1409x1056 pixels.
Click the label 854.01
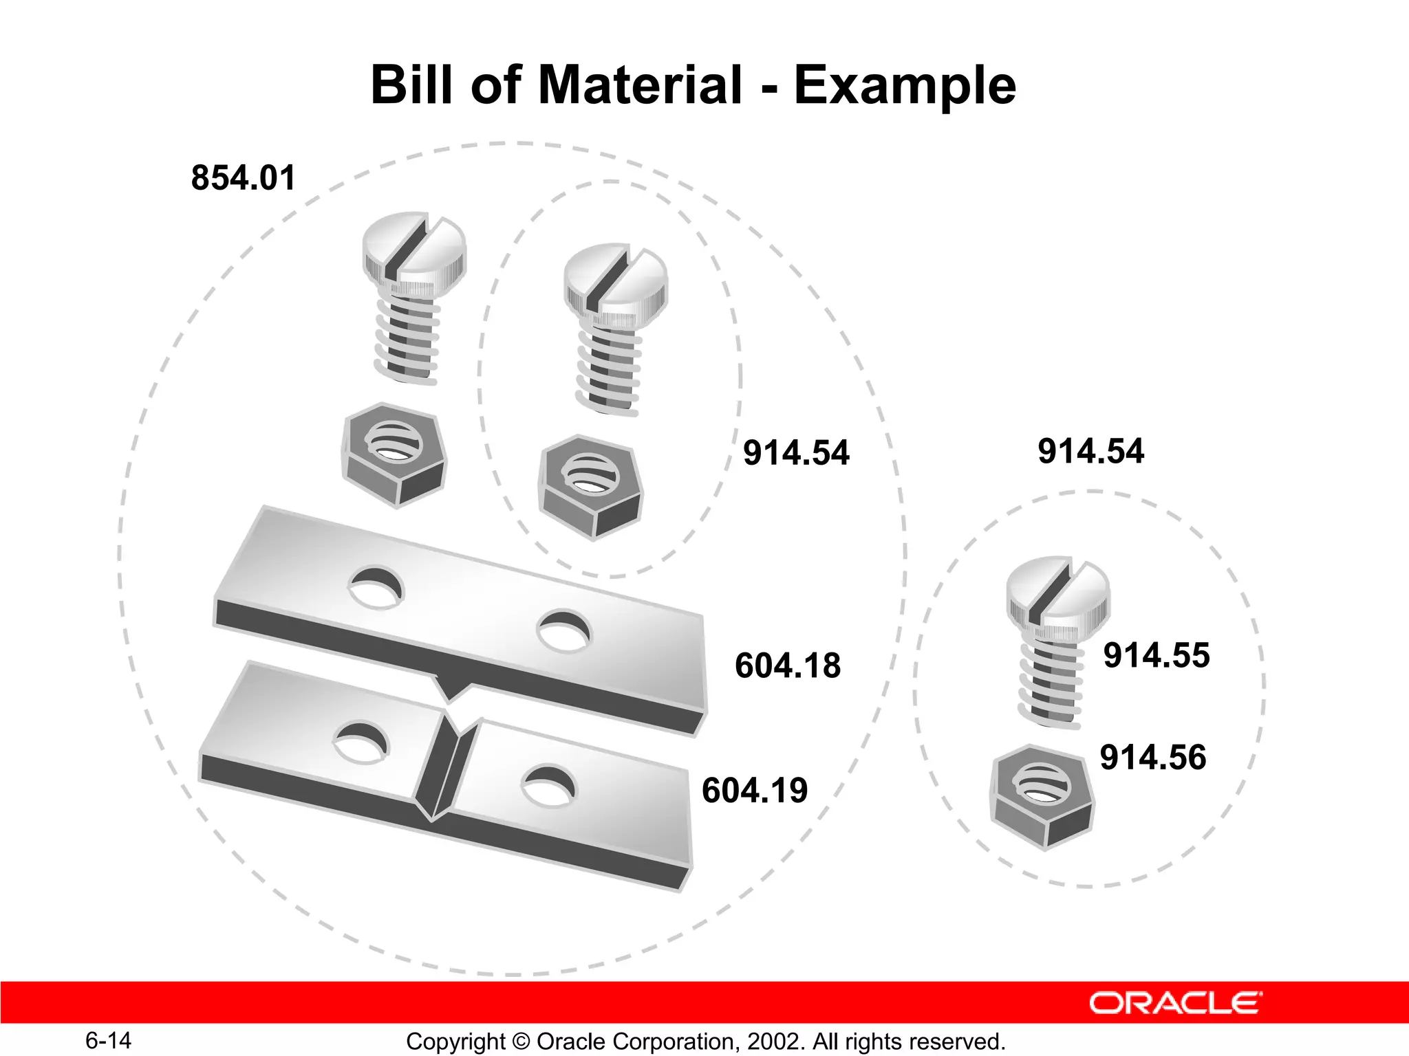click(243, 178)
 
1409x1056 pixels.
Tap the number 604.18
click(788, 665)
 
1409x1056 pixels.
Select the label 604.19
click(755, 790)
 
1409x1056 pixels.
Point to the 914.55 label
click(1157, 655)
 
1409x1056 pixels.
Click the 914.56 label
click(1153, 758)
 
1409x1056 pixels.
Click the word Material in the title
click(640, 85)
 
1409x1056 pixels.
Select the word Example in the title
click(905, 85)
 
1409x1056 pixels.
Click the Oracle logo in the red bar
click(1175, 1003)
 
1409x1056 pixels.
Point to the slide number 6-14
click(108, 1040)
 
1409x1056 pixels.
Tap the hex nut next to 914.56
click(1042, 796)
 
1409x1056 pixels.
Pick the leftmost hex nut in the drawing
click(394, 454)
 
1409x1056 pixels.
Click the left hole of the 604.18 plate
click(376, 587)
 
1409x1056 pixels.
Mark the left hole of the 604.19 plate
click(361, 742)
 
